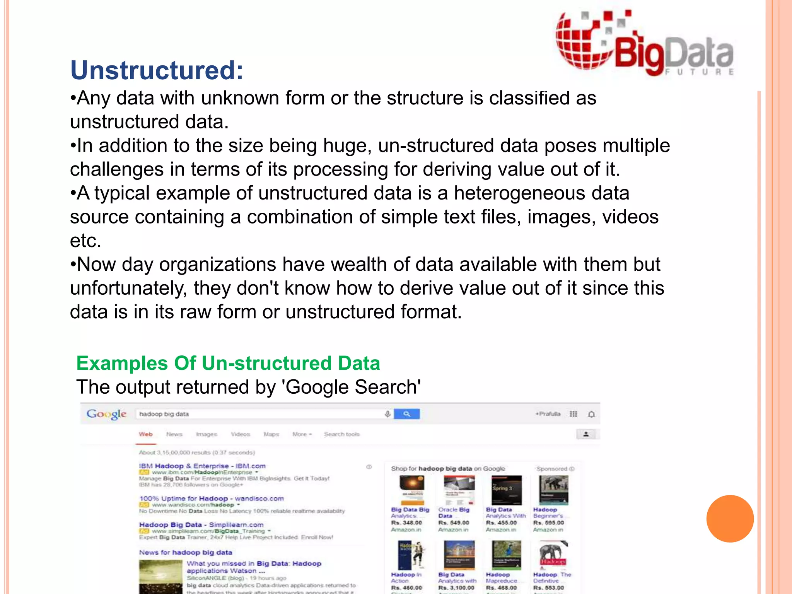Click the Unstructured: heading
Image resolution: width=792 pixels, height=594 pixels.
(157, 70)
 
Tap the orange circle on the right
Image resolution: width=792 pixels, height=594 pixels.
(730, 519)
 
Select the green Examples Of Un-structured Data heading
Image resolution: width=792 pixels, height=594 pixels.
(228, 363)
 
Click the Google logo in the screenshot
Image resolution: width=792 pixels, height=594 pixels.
(106, 414)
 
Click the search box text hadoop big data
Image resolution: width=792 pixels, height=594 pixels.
(164, 414)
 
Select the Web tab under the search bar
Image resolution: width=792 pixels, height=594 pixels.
(146, 434)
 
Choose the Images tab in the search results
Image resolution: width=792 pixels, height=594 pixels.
(207, 434)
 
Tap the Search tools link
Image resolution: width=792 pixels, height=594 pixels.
(342, 434)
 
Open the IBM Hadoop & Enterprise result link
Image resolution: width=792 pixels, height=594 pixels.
(202, 466)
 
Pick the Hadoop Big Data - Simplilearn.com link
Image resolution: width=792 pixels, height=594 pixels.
(201, 525)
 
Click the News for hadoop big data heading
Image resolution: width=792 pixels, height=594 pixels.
(186, 553)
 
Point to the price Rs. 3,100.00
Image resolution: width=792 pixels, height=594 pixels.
(456, 588)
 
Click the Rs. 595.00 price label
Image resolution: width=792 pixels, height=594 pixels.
(548, 523)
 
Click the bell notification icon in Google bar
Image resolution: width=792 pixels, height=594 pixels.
(591, 414)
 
